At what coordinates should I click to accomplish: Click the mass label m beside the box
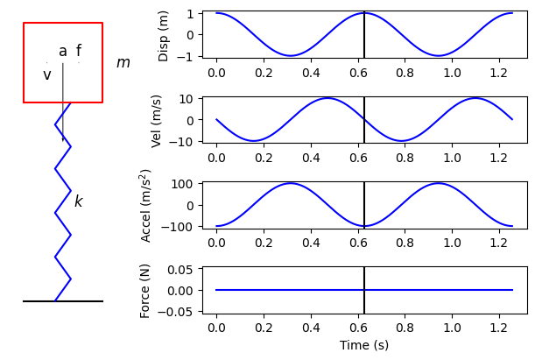coord(123,63)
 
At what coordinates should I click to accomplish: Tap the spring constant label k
coord(78,201)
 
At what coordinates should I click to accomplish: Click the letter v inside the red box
coord(47,75)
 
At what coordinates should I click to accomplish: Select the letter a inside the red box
coord(63,52)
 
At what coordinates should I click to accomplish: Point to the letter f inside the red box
coord(79,52)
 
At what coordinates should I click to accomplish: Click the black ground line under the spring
coord(63,301)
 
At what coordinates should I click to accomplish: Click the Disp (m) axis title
coord(164,36)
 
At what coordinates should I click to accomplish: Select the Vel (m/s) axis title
coord(158,121)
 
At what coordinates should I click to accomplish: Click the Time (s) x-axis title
coord(364,346)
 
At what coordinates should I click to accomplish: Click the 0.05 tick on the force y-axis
coord(182,269)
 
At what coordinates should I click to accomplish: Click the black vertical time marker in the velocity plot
coord(364,118)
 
